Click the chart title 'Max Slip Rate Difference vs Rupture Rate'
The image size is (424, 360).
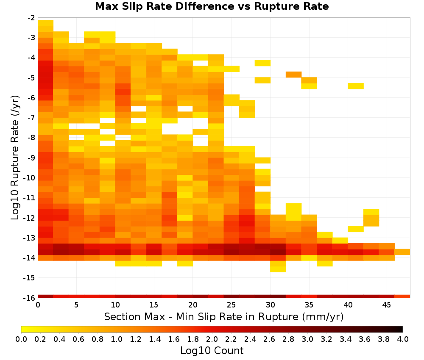(212, 6)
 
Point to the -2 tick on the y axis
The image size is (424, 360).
(31, 18)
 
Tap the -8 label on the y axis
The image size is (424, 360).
(31, 138)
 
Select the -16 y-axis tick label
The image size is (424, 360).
(29, 298)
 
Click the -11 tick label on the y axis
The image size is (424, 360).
(29, 198)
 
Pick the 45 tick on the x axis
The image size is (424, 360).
(386, 305)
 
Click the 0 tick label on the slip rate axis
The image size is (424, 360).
(38, 305)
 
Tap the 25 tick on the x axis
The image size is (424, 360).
(232, 305)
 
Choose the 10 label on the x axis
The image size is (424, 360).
(115, 305)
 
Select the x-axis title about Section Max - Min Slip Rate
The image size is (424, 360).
(223, 316)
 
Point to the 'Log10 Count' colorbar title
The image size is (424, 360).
(212, 351)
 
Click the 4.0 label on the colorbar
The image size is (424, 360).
(403, 339)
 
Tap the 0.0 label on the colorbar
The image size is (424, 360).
(21, 339)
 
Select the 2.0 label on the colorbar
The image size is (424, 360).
(212, 339)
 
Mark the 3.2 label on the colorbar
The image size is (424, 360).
(326, 339)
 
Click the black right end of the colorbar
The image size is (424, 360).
(402, 329)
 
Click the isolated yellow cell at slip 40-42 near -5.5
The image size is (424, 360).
(356, 86)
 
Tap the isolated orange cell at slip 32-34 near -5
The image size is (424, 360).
(294, 75)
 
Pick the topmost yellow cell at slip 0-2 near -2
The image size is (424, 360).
(45, 23)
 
